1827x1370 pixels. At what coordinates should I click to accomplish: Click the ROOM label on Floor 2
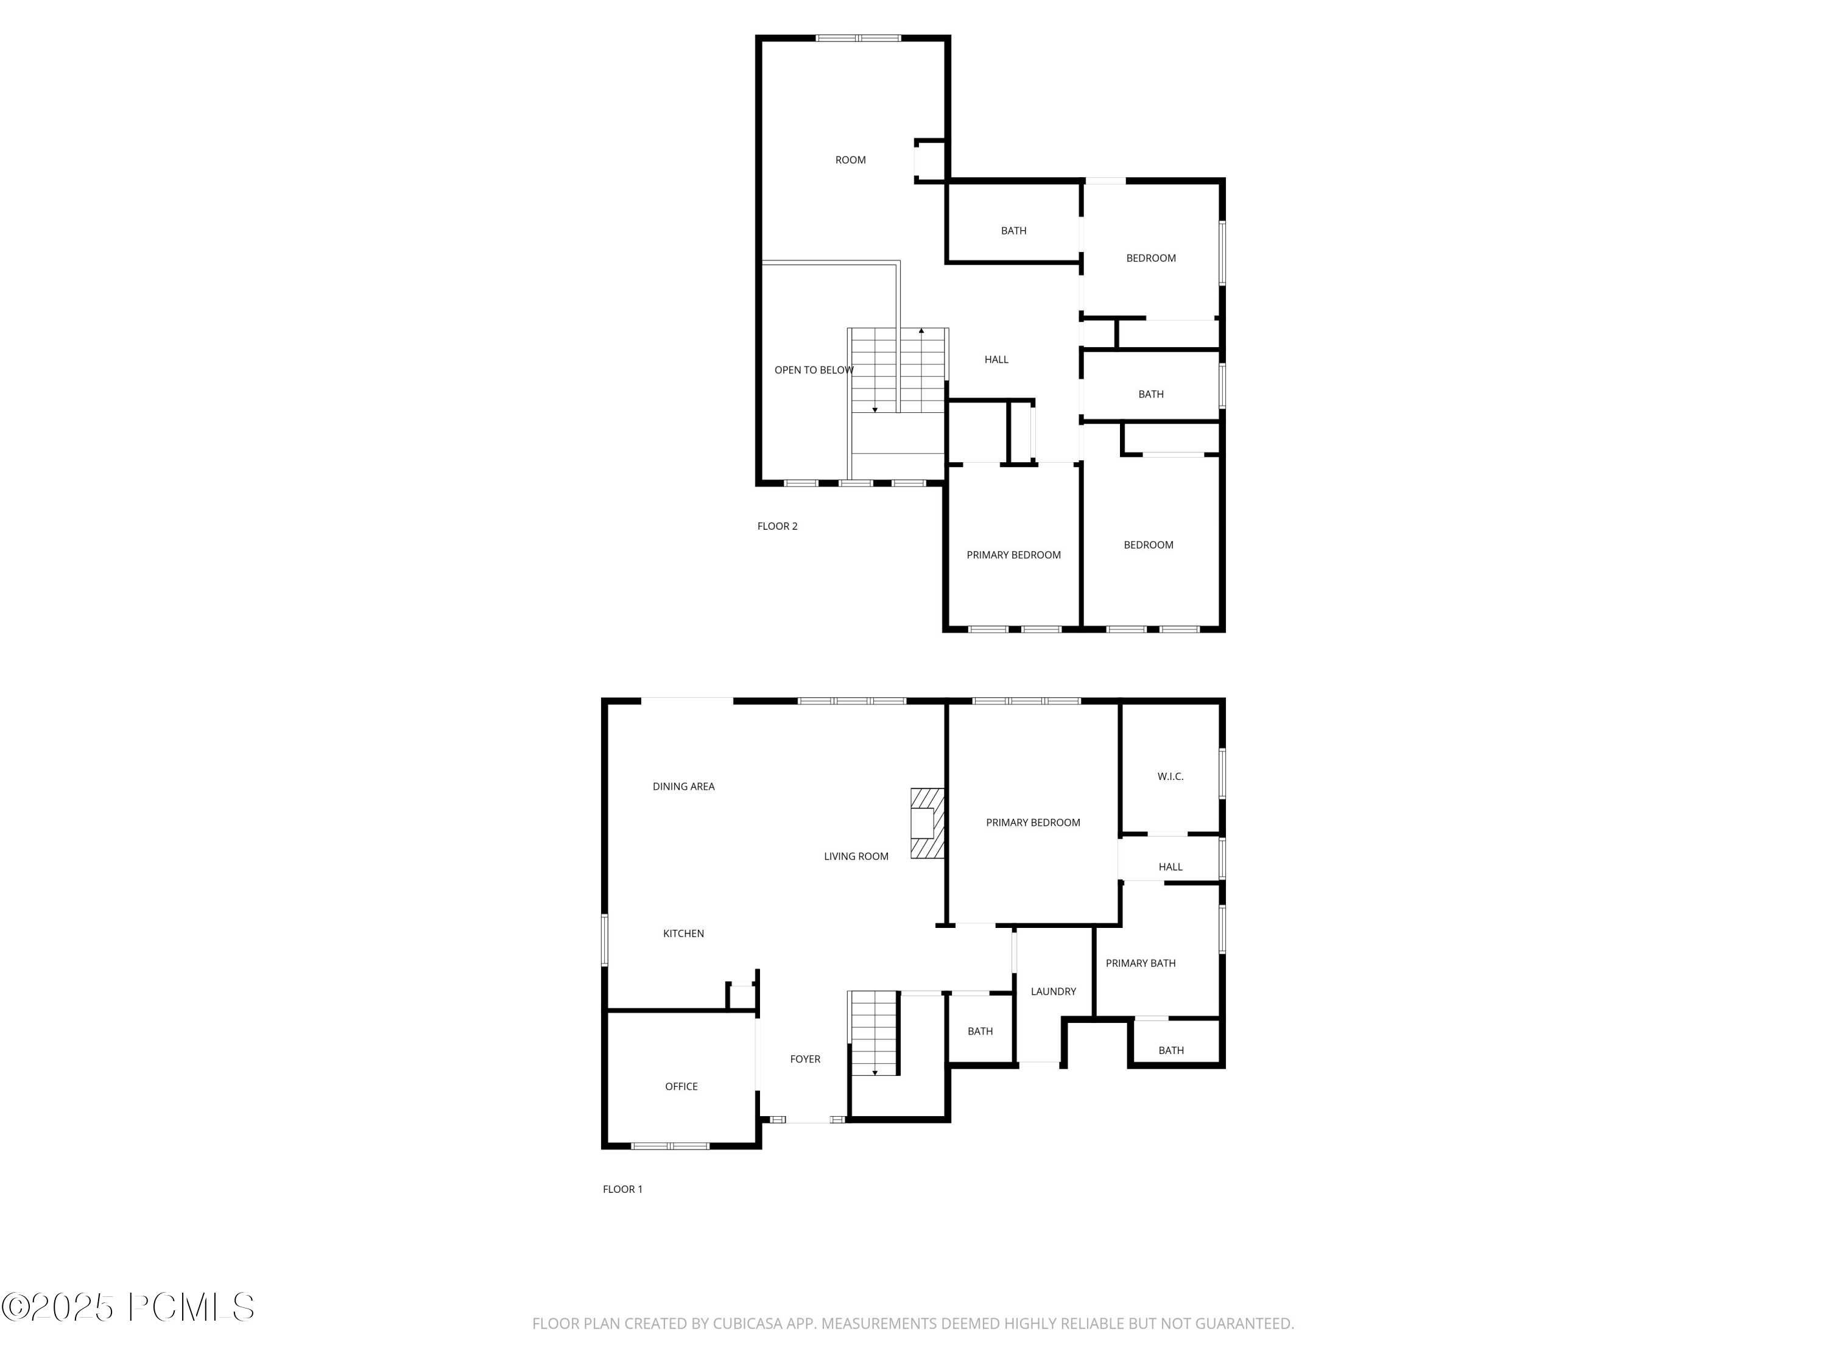tap(850, 160)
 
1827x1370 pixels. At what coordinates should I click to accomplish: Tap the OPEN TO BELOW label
tap(814, 370)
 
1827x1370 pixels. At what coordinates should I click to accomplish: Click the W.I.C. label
tap(1169, 776)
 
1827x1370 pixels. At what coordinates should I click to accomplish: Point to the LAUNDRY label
tap(1053, 991)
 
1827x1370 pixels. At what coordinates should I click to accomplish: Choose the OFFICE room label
tap(681, 1086)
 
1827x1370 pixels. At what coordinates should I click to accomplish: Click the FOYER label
tap(805, 1059)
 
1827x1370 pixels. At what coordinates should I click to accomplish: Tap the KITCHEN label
tap(683, 933)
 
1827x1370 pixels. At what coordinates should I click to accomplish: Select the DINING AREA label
tap(683, 786)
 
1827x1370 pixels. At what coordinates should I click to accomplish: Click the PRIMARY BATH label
tap(1140, 963)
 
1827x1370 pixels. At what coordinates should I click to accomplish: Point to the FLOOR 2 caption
tap(777, 526)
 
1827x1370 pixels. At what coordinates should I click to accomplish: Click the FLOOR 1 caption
tap(622, 1189)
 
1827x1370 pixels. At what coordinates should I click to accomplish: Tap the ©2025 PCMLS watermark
tap(128, 1307)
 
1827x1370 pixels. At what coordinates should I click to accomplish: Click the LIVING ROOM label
tap(856, 856)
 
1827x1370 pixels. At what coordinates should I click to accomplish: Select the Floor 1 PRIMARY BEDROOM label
tap(1032, 823)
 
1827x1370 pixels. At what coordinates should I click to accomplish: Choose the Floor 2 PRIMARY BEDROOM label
tap(1013, 555)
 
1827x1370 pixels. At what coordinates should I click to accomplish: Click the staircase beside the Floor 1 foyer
tap(874, 1032)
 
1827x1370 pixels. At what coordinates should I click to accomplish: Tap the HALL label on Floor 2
tap(996, 359)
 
